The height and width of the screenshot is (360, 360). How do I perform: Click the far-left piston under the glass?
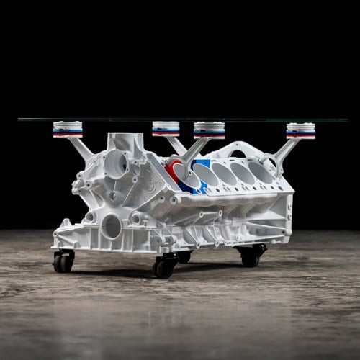(x=68, y=129)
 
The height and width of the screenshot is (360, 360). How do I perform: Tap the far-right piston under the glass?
(x=300, y=130)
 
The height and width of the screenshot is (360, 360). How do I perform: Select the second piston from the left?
(x=166, y=129)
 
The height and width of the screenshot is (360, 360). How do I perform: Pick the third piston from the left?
(x=209, y=130)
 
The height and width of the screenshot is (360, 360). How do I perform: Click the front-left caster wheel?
(x=63, y=261)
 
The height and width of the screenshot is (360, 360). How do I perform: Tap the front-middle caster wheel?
(x=163, y=267)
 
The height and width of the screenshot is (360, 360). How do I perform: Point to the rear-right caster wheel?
(x=251, y=257)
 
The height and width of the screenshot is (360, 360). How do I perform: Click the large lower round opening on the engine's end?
(x=111, y=226)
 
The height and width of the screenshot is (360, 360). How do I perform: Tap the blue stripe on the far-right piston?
(x=300, y=132)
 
